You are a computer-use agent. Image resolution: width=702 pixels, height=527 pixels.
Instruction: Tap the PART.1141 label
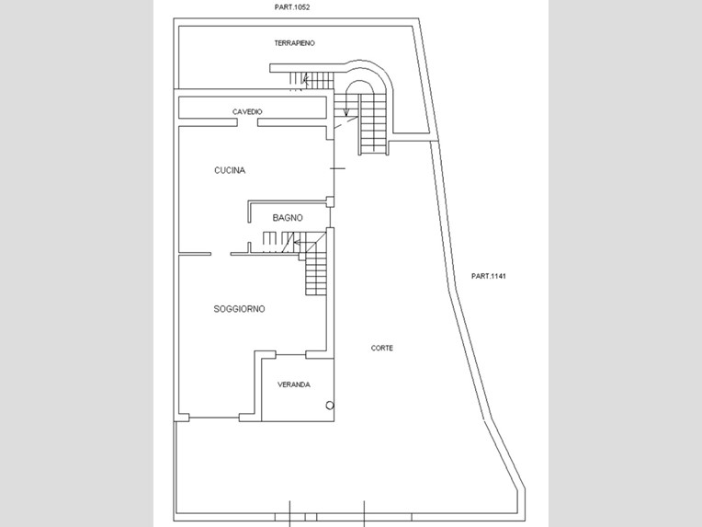point(489,276)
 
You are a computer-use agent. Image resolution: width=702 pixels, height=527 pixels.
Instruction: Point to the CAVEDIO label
point(248,112)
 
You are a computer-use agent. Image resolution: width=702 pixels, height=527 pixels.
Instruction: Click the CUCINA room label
point(230,170)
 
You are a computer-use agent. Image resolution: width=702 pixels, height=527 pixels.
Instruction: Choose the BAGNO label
point(288,218)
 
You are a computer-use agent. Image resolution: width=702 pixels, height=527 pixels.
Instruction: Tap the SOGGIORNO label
point(239,309)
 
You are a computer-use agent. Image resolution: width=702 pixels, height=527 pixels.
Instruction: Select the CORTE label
point(382,348)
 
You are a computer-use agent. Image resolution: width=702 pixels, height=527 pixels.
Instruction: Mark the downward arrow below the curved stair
point(346,111)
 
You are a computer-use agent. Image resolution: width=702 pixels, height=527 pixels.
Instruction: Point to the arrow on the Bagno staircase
point(297,242)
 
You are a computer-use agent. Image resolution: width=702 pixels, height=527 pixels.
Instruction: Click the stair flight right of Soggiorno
point(316,274)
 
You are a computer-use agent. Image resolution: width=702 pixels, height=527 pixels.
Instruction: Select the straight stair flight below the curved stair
point(373,124)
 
